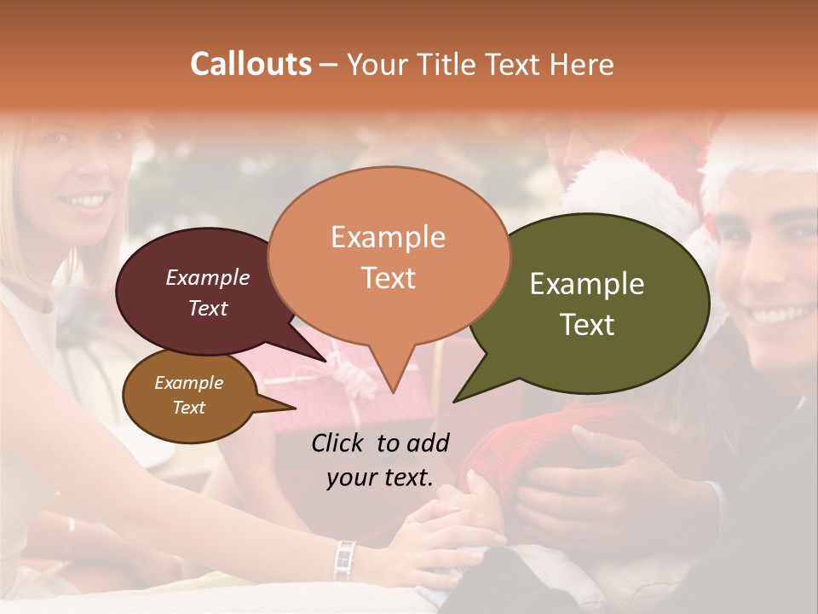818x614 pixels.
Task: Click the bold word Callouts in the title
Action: coord(251,64)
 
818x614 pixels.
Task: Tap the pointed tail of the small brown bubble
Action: coord(285,408)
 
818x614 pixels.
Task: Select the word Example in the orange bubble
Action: coord(388,237)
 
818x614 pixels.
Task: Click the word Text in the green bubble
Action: coord(587,325)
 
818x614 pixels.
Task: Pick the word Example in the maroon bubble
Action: coord(207,277)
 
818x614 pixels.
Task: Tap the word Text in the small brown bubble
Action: coord(188,408)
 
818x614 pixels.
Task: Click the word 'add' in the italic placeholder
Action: coord(428,443)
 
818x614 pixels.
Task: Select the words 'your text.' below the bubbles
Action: coord(379,478)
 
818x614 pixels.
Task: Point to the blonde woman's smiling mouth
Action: coord(84,201)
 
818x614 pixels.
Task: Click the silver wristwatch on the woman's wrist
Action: coord(343,559)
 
